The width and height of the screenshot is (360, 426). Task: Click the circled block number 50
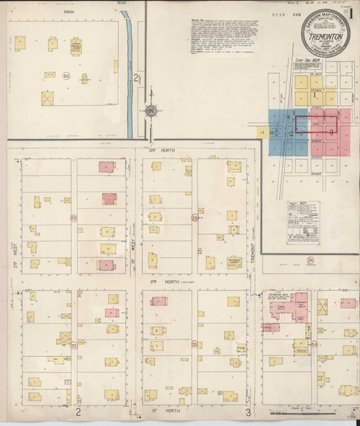pyautogui.click(x=66, y=75)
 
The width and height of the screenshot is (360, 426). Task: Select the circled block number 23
pyautogui.click(x=194, y=217)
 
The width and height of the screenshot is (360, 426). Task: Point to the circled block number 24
pyautogui.click(x=310, y=259)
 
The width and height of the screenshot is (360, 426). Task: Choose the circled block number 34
pyautogui.click(x=315, y=344)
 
